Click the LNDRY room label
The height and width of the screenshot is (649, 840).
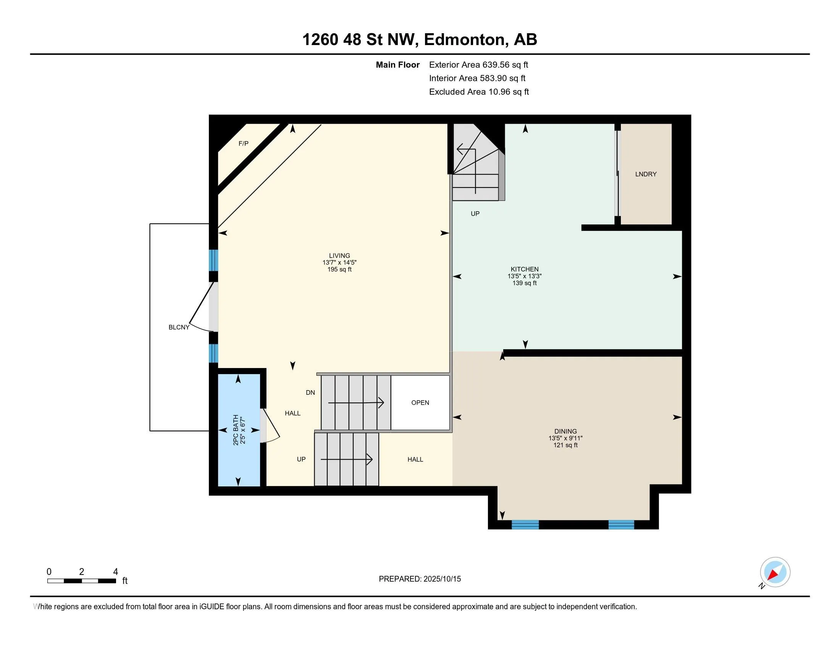click(x=646, y=174)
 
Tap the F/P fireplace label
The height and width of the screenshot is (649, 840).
click(x=244, y=144)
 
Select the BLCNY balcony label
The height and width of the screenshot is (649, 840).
click(x=179, y=327)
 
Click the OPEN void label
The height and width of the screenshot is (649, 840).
click(x=420, y=402)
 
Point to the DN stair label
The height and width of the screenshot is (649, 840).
click(x=310, y=392)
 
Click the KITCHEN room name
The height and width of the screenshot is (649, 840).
click(x=525, y=269)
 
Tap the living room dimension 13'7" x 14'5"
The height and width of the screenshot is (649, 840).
click(x=339, y=263)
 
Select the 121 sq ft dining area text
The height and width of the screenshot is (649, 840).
click(x=565, y=445)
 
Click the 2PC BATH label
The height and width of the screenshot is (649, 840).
click(x=236, y=430)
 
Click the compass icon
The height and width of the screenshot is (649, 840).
click(x=775, y=573)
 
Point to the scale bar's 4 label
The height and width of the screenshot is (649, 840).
click(x=115, y=572)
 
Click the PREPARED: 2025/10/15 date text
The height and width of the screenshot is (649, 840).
click(x=420, y=579)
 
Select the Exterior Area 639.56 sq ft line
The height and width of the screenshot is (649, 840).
click(x=478, y=65)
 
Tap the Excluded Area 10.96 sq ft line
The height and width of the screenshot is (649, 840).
click(x=479, y=92)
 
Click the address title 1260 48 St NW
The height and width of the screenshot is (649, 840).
click(x=360, y=40)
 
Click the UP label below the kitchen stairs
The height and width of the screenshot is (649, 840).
click(x=475, y=214)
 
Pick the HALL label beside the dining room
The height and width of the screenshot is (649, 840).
click(x=415, y=459)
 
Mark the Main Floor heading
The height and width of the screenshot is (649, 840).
click(x=398, y=65)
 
